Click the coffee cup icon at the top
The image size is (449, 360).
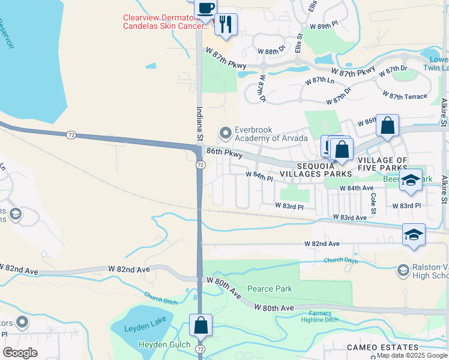pyautogui.click(x=206, y=9)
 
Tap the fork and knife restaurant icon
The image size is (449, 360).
pyautogui.click(x=226, y=25)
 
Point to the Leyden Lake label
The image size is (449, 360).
pyautogui.click(x=140, y=328)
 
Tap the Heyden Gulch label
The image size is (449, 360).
pyautogui.click(x=164, y=344)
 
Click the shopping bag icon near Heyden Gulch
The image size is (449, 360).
pyautogui.click(x=200, y=326)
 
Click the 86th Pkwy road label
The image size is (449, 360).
pyautogui.click(x=224, y=154)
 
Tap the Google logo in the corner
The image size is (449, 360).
pyautogui.click(x=20, y=353)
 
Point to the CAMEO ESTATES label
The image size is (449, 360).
pyautogui.click(x=382, y=347)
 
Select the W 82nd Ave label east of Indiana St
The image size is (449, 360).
pyautogui.click(x=322, y=244)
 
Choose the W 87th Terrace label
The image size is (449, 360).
pyautogui.click(x=405, y=95)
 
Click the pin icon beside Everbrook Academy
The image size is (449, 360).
pyautogui.click(x=226, y=132)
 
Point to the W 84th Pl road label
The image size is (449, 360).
pyautogui.click(x=259, y=175)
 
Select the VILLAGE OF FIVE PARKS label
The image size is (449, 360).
pyautogui.click(x=382, y=164)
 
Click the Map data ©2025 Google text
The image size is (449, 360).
pyautogui.click(x=412, y=355)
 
